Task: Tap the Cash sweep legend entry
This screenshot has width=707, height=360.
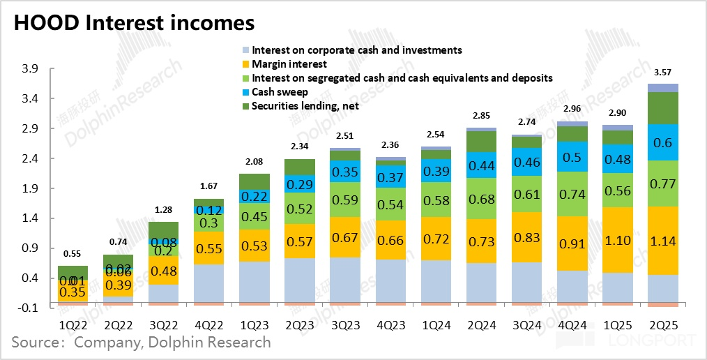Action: pyautogui.click(x=280, y=92)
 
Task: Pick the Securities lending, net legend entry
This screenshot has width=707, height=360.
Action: pyautogui.click(x=305, y=106)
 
